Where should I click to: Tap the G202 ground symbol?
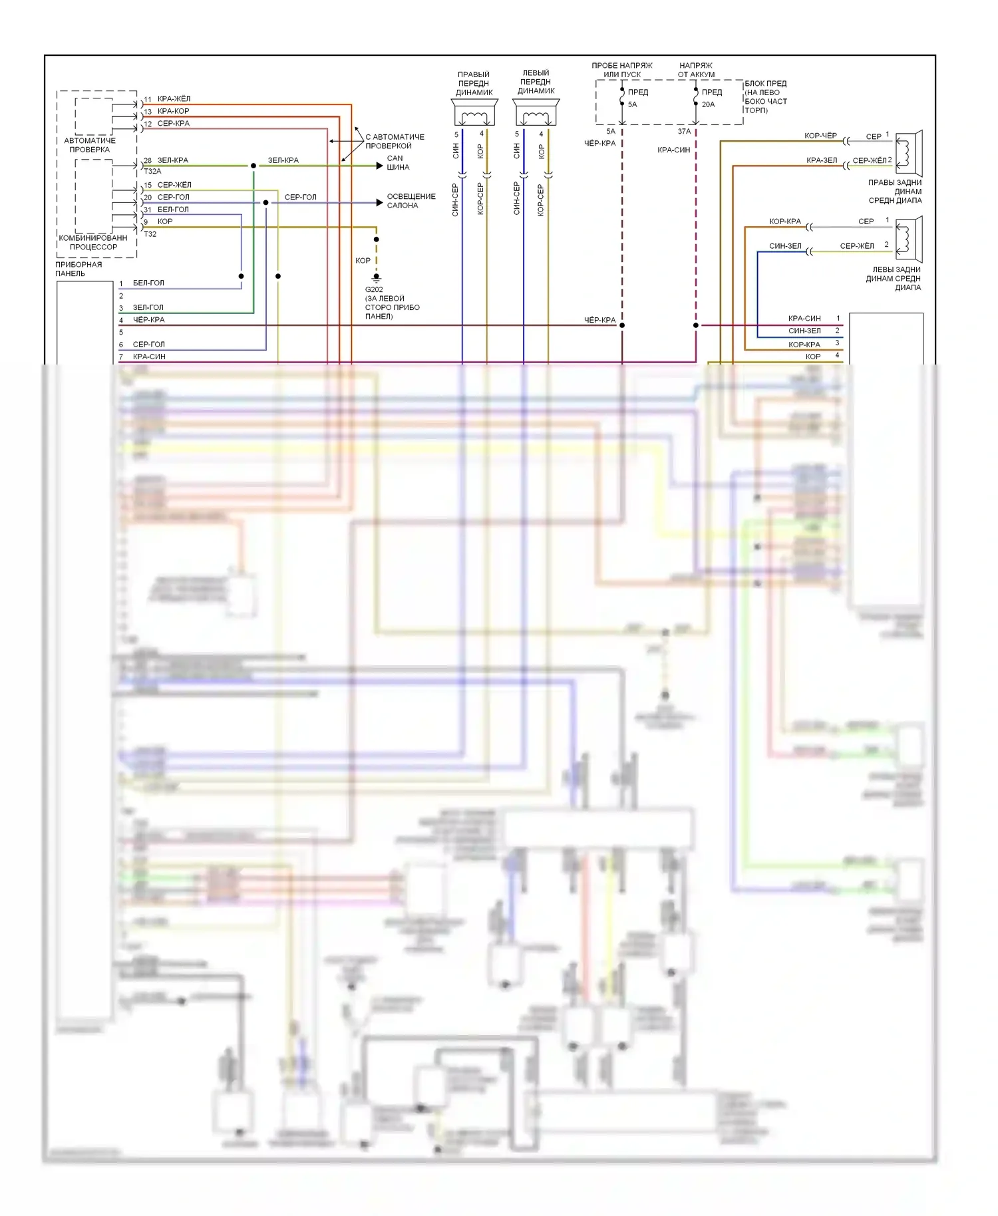click(377, 277)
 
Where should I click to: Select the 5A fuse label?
click(632, 104)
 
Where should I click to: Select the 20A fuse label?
click(708, 104)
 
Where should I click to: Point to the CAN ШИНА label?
click(397, 163)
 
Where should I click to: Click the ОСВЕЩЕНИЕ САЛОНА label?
click(411, 201)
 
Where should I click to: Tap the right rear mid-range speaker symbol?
click(908, 151)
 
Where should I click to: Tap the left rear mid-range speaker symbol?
click(908, 239)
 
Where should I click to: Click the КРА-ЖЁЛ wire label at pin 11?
click(174, 99)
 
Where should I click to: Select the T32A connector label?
click(152, 172)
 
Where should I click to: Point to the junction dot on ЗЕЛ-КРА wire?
click(253, 166)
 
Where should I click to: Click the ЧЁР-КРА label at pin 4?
click(148, 320)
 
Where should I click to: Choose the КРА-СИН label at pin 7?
click(149, 357)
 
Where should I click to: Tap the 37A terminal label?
click(684, 132)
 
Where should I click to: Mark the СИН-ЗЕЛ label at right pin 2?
click(804, 331)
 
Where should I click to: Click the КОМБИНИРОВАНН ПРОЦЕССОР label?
click(93, 242)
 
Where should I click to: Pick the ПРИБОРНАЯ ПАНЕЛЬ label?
click(79, 269)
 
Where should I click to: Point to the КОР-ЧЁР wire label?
click(820, 136)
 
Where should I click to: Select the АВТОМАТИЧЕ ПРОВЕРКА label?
click(90, 145)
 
